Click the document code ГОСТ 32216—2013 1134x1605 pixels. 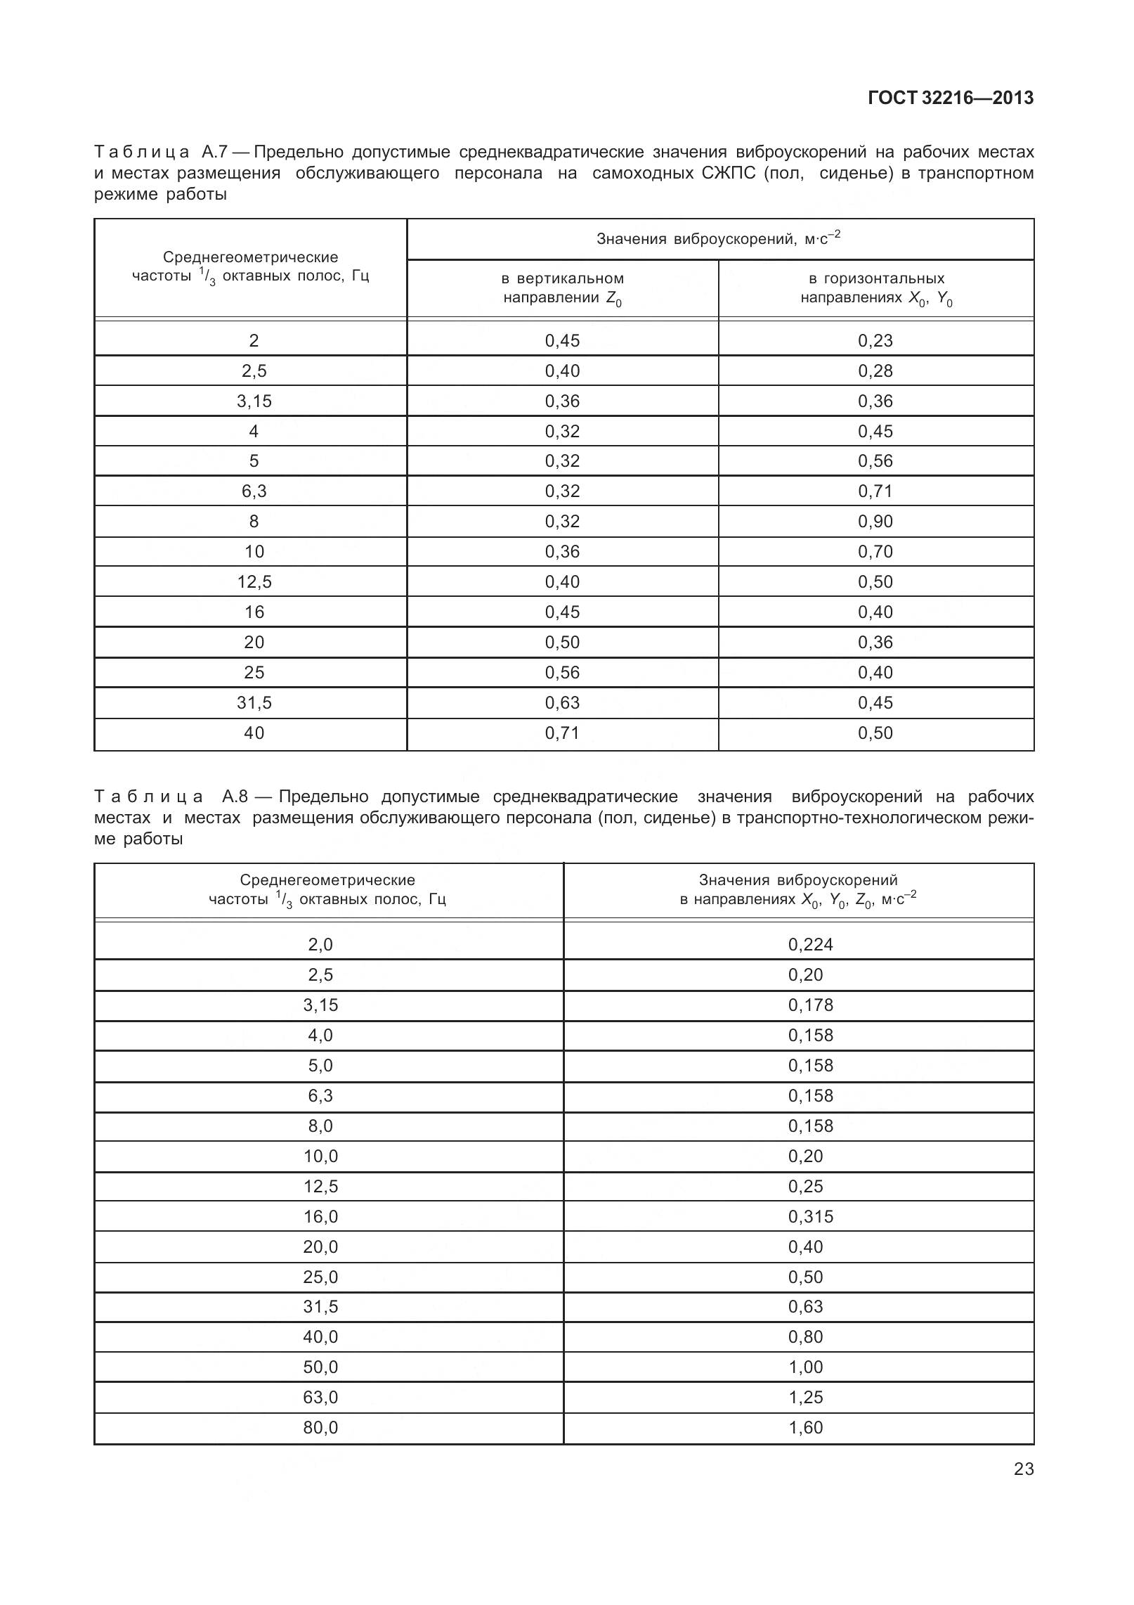(x=951, y=98)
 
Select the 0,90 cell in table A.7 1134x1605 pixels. (x=875, y=522)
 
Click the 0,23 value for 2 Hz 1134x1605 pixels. (x=875, y=341)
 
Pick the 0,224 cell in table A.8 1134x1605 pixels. (x=810, y=944)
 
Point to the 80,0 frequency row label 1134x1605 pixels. (x=320, y=1427)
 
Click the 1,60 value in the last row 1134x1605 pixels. (x=805, y=1427)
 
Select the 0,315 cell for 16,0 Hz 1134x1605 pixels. (x=810, y=1216)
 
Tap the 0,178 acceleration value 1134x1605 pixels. (x=810, y=1005)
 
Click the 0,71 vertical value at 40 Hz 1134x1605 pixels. (x=562, y=733)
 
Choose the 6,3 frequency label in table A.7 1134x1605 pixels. (x=254, y=491)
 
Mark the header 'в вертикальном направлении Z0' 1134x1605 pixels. (x=562, y=288)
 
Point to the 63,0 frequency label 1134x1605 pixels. (x=320, y=1397)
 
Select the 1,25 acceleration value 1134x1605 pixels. (x=805, y=1397)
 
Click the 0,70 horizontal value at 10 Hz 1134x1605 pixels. (x=875, y=552)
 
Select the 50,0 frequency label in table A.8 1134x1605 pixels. (x=320, y=1367)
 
